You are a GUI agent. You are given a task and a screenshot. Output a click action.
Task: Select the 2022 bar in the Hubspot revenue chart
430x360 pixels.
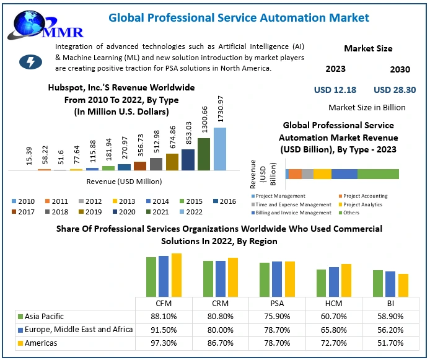pyautogui.click(x=220, y=149)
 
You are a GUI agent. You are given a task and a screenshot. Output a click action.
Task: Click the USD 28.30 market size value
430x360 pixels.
pyautogui.click(x=395, y=90)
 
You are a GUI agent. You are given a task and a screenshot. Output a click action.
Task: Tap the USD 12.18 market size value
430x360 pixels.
pyautogui.click(x=335, y=90)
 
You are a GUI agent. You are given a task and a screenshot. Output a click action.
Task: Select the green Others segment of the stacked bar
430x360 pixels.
pyautogui.click(x=378, y=174)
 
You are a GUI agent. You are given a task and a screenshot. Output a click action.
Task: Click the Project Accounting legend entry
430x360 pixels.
pyautogui.click(x=365, y=196)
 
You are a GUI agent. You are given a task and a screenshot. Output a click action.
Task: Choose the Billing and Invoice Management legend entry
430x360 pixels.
pyautogui.click(x=291, y=213)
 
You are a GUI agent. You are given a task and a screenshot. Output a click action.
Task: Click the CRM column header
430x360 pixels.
pyautogui.click(x=221, y=304)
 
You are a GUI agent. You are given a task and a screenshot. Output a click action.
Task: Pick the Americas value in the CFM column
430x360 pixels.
pyautogui.click(x=163, y=343)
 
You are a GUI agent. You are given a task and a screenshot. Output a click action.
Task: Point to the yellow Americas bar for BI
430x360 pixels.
pyautogui.click(x=403, y=285)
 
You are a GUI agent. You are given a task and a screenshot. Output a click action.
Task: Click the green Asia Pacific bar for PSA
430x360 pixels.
pyautogui.click(x=265, y=279)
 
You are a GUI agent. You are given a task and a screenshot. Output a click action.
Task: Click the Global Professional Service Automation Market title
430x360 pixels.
pyautogui.click(x=239, y=17)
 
